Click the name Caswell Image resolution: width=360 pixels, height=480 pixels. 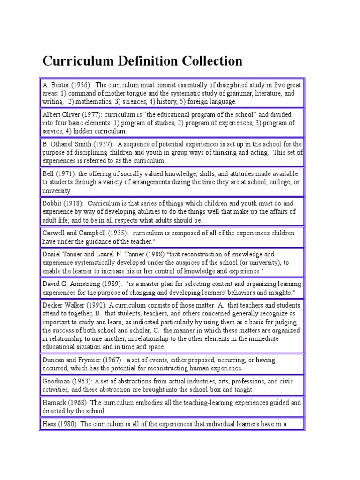54,233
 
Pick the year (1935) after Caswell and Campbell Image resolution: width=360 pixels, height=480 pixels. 114,233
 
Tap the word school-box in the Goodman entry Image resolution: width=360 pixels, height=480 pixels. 212,390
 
